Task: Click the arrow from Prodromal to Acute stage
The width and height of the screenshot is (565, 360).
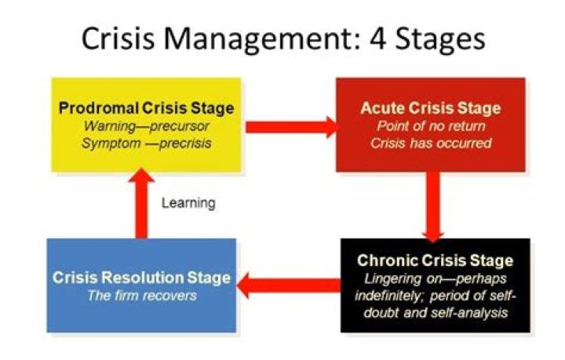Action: coord(290,125)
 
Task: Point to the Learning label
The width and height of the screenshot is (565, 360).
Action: coord(188,203)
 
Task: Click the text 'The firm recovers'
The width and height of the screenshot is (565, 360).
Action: coord(141,296)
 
